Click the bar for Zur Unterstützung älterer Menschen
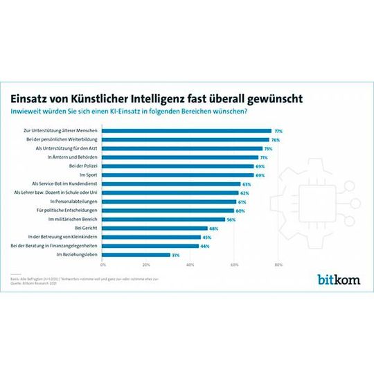pyautogui.click(x=187, y=130)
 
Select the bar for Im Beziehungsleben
pyautogui.click(x=136, y=254)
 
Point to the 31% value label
pyautogui.click(x=175, y=254)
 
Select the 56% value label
pyautogui.click(x=231, y=219)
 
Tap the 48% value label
pyautogui.click(x=213, y=228)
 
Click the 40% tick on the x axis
pyautogui.click(x=190, y=265)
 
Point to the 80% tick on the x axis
pyautogui.click(x=278, y=265)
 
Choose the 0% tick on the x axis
pyautogui.click(x=103, y=265)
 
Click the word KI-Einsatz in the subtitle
pyautogui.click(x=187, y=111)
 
